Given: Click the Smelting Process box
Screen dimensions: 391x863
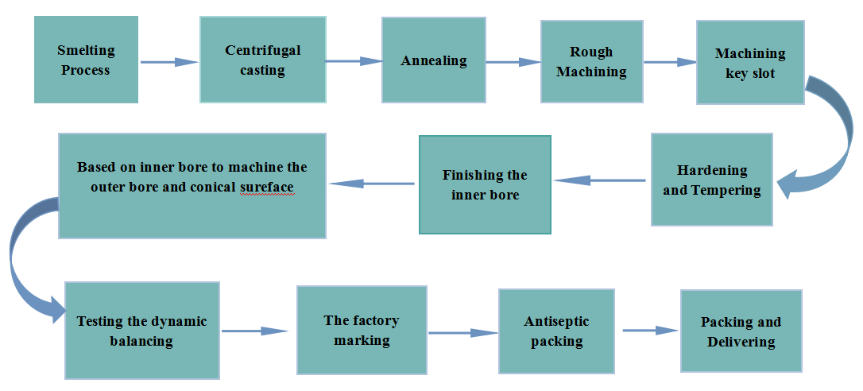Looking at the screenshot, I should point(86,60).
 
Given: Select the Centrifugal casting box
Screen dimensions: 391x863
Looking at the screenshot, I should point(262,60).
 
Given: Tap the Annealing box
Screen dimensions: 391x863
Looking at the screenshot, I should point(433,60).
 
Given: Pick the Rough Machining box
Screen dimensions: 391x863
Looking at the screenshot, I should point(591,61).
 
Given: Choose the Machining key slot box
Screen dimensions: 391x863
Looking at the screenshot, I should point(750,63).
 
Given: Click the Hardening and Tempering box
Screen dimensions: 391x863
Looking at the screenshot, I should point(711,180).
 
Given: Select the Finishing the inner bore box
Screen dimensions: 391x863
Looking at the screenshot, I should point(485,184).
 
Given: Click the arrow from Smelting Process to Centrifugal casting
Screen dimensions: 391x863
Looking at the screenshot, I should point(169,61).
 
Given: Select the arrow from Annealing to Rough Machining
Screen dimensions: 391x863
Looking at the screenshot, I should point(513,61).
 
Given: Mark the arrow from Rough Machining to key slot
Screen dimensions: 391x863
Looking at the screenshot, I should point(670,61).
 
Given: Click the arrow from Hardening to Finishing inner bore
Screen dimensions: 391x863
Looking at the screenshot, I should point(600,180).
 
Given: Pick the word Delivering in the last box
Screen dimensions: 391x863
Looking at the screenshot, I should point(741,342).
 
